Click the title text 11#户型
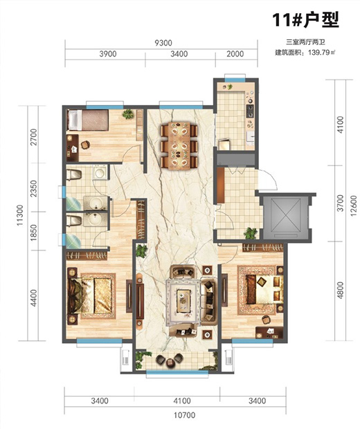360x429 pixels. [x=305, y=19]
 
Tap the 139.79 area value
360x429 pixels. [x=318, y=53]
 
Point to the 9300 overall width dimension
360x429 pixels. [x=163, y=43]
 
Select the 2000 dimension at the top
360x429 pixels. [x=235, y=54]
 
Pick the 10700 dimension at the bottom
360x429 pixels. [x=185, y=415]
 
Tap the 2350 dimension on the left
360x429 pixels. [x=34, y=188]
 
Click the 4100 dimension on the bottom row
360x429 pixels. [x=182, y=401]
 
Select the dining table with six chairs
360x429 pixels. [x=179, y=146]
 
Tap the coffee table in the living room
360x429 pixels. [x=183, y=301]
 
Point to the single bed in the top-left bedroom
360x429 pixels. [x=88, y=120]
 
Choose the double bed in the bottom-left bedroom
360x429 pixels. [x=90, y=295]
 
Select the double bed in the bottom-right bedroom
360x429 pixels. [x=264, y=289]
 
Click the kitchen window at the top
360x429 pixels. [x=235, y=80]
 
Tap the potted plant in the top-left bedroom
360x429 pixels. [x=128, y=114]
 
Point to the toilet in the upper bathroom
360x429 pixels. [x=74, y=174]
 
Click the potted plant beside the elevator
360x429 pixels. [x=251, y=233]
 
